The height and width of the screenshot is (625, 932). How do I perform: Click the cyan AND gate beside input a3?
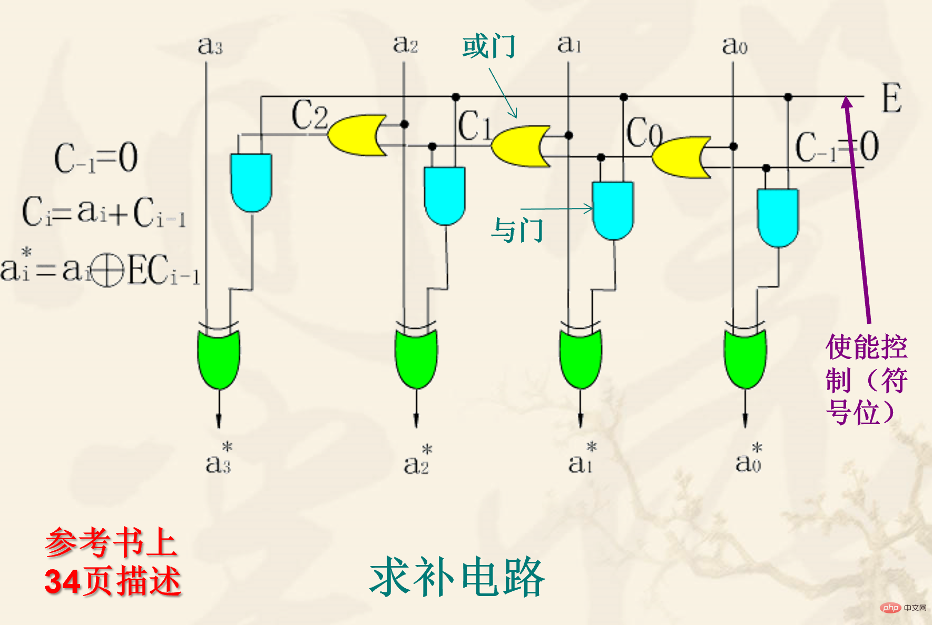tap(251, 182)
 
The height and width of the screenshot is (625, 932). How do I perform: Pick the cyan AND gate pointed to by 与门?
tap(613, 210)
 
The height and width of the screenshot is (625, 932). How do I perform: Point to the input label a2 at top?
tap(405, 44)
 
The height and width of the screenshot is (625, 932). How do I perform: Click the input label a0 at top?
tap(734, 45)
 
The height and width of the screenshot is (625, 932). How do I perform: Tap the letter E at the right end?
tap(891, 98)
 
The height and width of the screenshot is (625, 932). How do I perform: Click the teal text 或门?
tap(488, 46)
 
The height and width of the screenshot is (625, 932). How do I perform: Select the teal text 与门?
tap(517, 231)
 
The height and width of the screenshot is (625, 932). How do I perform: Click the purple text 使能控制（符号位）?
tap(866, 379)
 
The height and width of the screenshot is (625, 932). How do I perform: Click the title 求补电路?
tap(457, 578)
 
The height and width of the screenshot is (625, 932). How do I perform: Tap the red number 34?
tap(63, 582)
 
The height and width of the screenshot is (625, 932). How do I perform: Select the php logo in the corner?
tap(890, 608)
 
